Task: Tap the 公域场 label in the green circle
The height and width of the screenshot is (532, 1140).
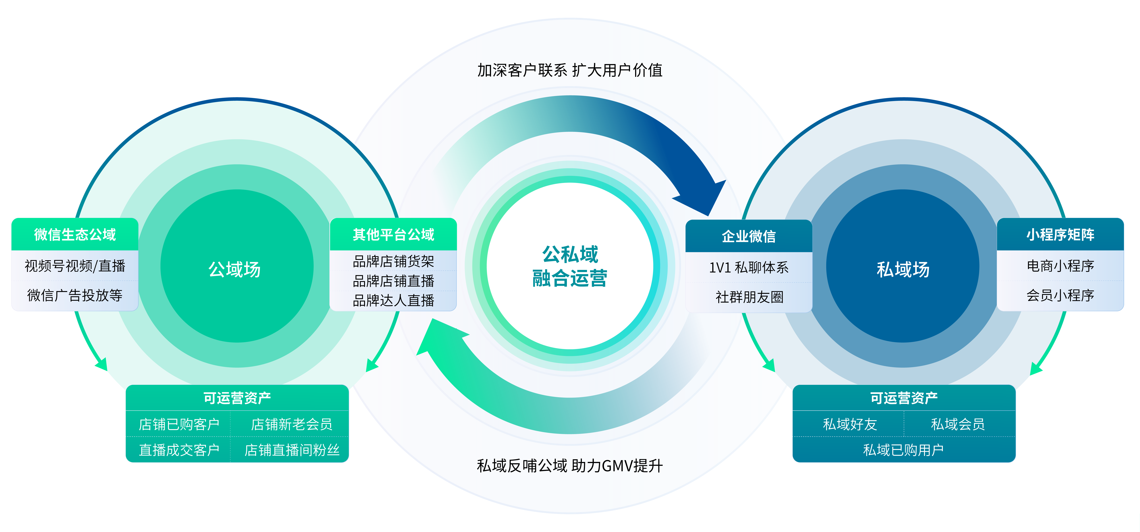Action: tap(235, 269)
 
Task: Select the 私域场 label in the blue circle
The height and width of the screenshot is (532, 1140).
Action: tap(903, 269)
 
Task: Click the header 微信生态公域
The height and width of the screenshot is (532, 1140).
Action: tap(75, 235)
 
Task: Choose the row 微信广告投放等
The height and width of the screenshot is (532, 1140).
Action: tap(75, 295)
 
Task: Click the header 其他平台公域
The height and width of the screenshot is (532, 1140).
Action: tap(393, 235)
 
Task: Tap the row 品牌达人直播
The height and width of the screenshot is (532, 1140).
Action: tap(393, 301)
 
